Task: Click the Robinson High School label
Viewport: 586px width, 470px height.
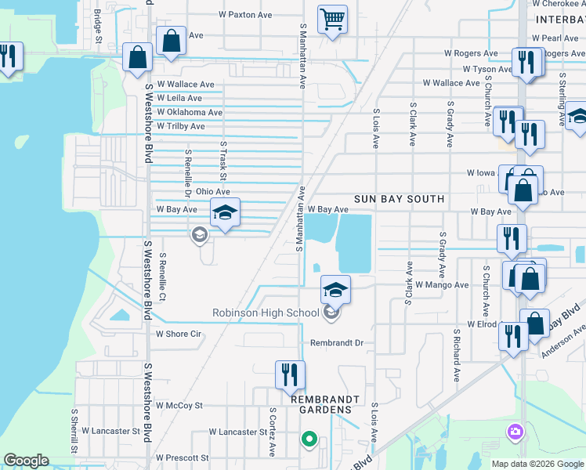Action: point(266,313)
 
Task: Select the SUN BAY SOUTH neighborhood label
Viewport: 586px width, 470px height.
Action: point(399,199)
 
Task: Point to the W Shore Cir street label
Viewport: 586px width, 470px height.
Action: point(179,334)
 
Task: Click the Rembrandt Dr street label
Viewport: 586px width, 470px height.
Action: point(337,343)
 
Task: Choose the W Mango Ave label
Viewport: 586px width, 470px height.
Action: point(442,285)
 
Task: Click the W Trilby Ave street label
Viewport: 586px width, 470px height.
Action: point(180,126)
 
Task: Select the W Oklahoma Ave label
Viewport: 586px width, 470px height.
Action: point(190,112)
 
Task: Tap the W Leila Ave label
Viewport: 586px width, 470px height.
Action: point(179,98)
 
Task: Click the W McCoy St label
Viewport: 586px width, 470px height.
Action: point(179,406)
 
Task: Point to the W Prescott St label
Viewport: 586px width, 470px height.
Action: point(183,457)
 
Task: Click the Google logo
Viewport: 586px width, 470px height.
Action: point(26,461)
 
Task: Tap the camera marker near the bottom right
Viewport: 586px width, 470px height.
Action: point(515,432)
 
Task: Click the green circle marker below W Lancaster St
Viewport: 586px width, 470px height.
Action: point(309,439)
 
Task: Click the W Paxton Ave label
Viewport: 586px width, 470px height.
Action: point(245,15)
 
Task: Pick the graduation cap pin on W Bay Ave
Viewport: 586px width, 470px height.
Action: point(225,213)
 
